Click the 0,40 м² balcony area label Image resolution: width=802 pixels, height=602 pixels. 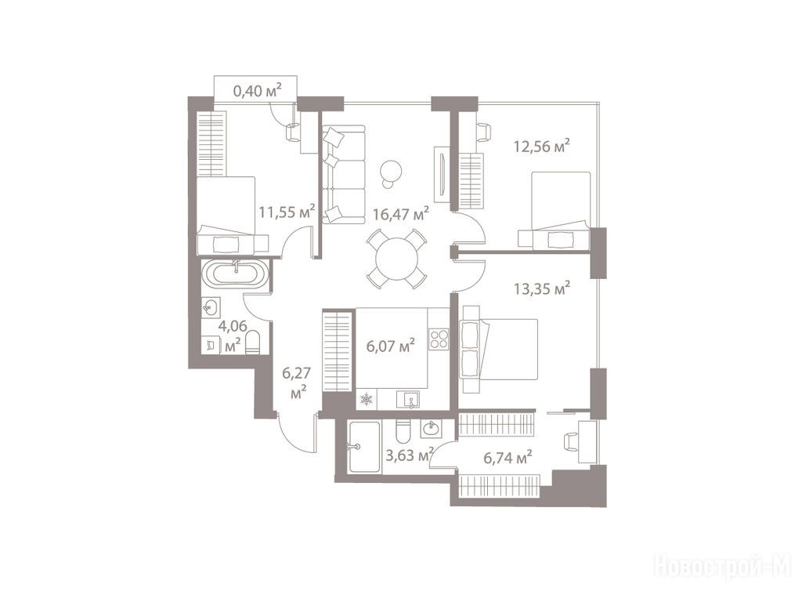pos(257,91)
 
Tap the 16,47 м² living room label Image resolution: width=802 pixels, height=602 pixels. pos(400,213)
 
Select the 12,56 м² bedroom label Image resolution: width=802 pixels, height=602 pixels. pos(542,147)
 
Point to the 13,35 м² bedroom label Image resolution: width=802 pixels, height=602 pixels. pos(542,288)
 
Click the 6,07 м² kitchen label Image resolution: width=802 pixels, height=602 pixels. pos(390,346)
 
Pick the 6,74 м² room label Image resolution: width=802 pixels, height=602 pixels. pos(508,457)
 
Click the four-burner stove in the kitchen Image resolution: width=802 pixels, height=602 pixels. pos(439,339)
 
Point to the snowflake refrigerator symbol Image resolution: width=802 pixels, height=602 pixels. pos(367,399)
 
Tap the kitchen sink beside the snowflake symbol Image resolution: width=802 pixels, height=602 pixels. pos(408,399)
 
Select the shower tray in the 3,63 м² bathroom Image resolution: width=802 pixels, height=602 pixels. pos(363,447)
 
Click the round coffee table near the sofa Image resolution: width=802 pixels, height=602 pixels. pos(392,170)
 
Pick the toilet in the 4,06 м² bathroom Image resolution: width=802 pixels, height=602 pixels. pos(254,343)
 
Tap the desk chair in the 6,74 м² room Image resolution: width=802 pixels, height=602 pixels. pos(570,442)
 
